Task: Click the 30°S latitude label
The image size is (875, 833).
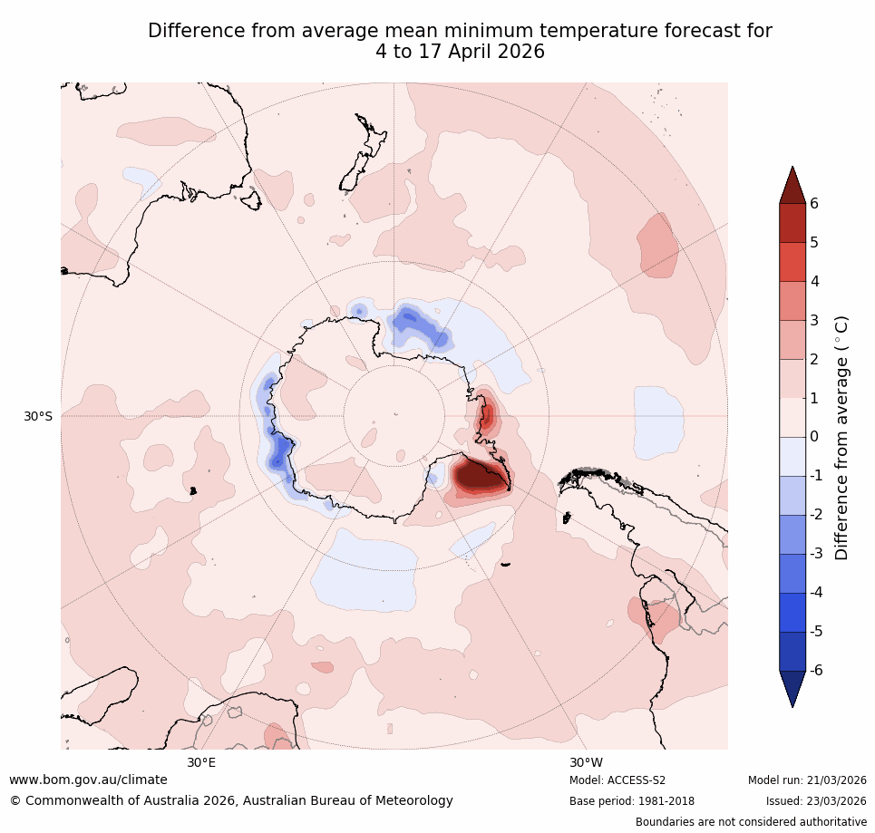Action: point(38,416)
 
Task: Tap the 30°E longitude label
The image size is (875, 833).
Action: point(201,762)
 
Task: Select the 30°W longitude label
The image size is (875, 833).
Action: point(586,762)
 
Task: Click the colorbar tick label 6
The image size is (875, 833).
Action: point(814,203)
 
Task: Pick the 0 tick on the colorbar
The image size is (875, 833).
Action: point(814,437)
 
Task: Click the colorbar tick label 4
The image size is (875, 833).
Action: point(814,281)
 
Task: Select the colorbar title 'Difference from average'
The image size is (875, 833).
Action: point(841,437)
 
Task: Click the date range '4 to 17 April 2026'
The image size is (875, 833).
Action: point(460,52)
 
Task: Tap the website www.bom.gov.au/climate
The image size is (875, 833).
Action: point(88,780)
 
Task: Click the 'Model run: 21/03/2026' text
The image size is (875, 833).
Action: point(807,780)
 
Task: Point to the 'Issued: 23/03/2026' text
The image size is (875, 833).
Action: point(816,801)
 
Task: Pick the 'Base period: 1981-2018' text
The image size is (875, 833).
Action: point(631,801)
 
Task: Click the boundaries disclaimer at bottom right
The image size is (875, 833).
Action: point(751,822)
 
